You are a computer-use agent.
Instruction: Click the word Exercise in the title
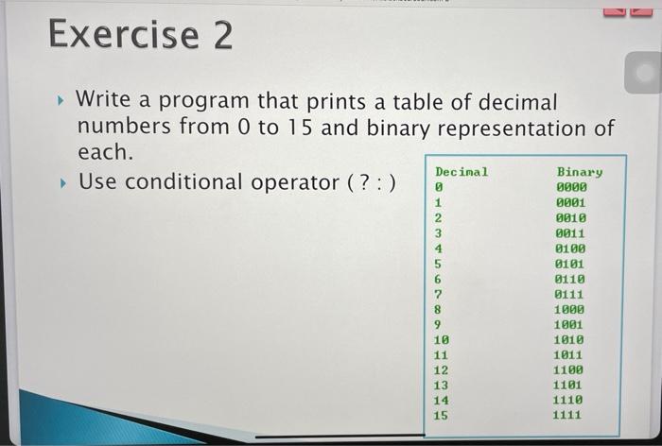[123, 35]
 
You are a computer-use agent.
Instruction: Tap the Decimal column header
[462, 172]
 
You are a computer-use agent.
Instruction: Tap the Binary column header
[579, 172]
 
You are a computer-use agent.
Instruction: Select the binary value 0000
[571, 187]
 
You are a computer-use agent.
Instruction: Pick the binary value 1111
[567, 415]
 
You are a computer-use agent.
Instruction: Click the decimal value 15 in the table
[441, 416]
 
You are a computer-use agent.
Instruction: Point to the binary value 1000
[569, 309]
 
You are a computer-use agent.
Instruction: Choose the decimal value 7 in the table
[437, 294]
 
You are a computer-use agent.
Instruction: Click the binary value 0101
[569, 264]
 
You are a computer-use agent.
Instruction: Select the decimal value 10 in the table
[442, 339]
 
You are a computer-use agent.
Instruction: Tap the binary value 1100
[568, 370]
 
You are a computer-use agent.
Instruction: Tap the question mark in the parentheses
[364, 183]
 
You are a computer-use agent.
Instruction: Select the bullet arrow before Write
[61, 101]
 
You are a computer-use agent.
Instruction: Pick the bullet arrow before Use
[63, 183]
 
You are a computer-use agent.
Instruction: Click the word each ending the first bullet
[105, 151]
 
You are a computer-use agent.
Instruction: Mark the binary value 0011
[570, 233]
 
